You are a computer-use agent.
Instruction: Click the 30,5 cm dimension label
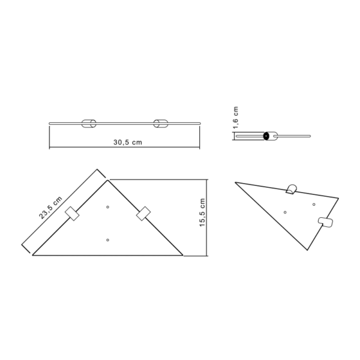coord(127,142)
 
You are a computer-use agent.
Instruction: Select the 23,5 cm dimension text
coord(52,208)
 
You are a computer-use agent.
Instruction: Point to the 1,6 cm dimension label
coord(236,118)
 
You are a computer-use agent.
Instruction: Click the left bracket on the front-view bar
coord(88,124)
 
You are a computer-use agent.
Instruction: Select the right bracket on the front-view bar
coord(160,124)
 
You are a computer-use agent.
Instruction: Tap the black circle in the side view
coord(265,136)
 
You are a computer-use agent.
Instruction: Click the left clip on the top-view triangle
coord(73,214)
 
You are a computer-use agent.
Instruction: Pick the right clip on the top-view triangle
coord(143,214)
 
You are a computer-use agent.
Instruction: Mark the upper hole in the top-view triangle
coord(108,207)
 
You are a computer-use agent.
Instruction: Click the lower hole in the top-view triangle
coord(107,240)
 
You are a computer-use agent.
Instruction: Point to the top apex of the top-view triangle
coord(107,180)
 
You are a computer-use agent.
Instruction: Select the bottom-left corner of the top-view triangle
coord(32,255)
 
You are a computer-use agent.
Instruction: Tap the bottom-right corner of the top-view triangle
coord(183,255)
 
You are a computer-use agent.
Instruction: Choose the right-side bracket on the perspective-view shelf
coord(328,223)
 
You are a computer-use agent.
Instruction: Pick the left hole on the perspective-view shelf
coord(285,211)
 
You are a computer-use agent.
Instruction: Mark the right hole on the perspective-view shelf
coord(314,204)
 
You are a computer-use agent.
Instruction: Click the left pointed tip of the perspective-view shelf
coord(235,182)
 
